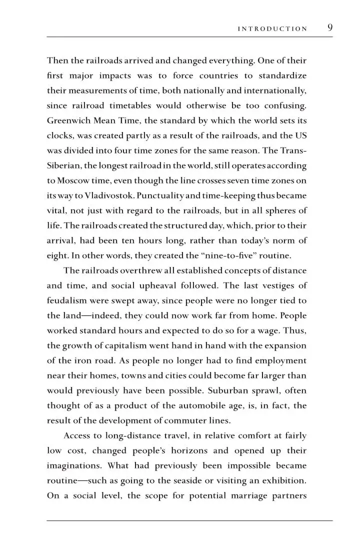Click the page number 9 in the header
[330, 27]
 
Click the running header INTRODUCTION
[272, 29]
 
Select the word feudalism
[68, 300]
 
